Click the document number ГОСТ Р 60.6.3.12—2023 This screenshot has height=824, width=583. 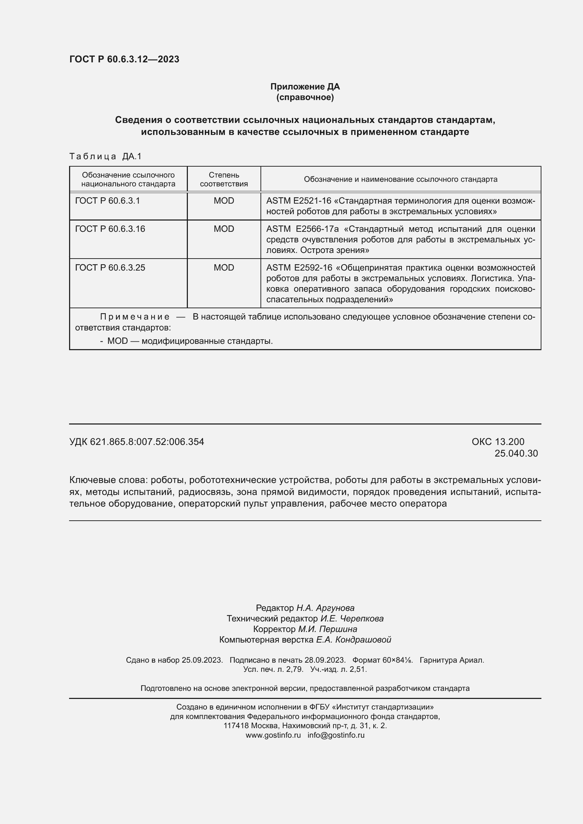point(124,59)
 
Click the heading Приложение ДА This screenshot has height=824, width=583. point(305,87)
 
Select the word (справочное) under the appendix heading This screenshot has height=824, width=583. point(305,97)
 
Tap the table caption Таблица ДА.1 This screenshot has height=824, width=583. point(105,156)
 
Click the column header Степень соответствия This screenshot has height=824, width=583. point(224,179)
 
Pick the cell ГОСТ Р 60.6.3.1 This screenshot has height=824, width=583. point(108,200)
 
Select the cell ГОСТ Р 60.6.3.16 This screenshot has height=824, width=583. point(110,229)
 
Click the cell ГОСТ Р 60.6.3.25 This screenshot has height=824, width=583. point(110,267)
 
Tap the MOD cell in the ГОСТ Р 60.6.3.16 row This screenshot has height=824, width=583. point(224,229)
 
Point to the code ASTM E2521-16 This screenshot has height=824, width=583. point(298,200)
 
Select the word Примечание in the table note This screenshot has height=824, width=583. point(135,317)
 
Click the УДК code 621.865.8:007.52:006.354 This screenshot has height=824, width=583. point(147,442)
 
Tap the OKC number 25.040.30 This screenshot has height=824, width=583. point(516,453)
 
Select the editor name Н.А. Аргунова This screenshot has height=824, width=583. point(325,608)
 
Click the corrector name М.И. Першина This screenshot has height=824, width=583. point(327,629)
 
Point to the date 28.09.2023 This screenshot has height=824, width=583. point(325,660)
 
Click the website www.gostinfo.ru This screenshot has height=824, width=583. point(273,735)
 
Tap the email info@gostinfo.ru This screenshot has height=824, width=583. point(336,735)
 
